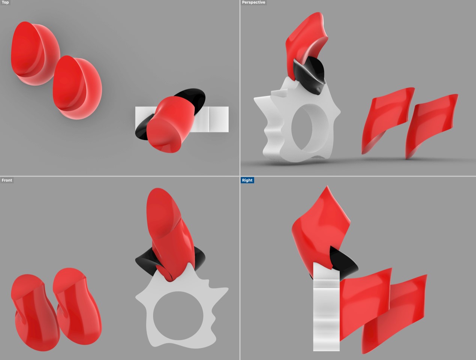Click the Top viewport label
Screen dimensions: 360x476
(5, 3)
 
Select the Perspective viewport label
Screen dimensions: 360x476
(253, 3)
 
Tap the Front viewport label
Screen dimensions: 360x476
(7, 180)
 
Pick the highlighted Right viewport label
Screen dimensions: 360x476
(247, 180)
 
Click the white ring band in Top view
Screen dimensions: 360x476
(216, 119)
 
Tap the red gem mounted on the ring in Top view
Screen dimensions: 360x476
(169, 124)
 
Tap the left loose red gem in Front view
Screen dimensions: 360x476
(32, 311)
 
